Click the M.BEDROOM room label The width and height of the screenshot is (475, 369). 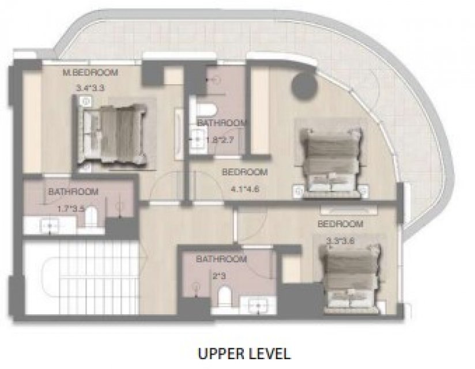pos(91,73)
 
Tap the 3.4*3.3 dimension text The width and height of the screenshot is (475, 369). pos(91,88)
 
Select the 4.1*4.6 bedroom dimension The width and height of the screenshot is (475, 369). pos(245,189)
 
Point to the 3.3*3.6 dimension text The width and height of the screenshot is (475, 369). pos(340,241)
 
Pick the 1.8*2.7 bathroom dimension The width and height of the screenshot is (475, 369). pos(220,140)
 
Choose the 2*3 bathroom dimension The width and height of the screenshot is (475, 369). pos(219,276)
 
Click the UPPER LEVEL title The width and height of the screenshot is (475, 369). pos(244,353)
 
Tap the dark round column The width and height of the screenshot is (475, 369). pos(305,86)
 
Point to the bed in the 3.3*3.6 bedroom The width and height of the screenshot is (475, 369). pos(351,278)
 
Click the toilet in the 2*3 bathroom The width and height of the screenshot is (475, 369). pos(224,296)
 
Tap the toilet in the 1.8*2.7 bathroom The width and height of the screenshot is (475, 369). pos(206,109)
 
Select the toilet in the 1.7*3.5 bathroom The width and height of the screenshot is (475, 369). pos(91,217)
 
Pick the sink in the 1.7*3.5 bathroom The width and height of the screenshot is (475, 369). pos(50,225)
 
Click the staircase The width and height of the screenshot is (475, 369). pos(81,277)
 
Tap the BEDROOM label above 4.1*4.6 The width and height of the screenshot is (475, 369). pos(245,172)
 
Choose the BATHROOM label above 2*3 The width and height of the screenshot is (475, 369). pos(221,259)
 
